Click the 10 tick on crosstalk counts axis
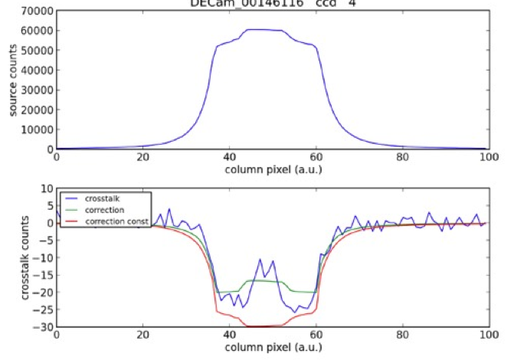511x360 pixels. coord(46,188)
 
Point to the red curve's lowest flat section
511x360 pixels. coord(264,326)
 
